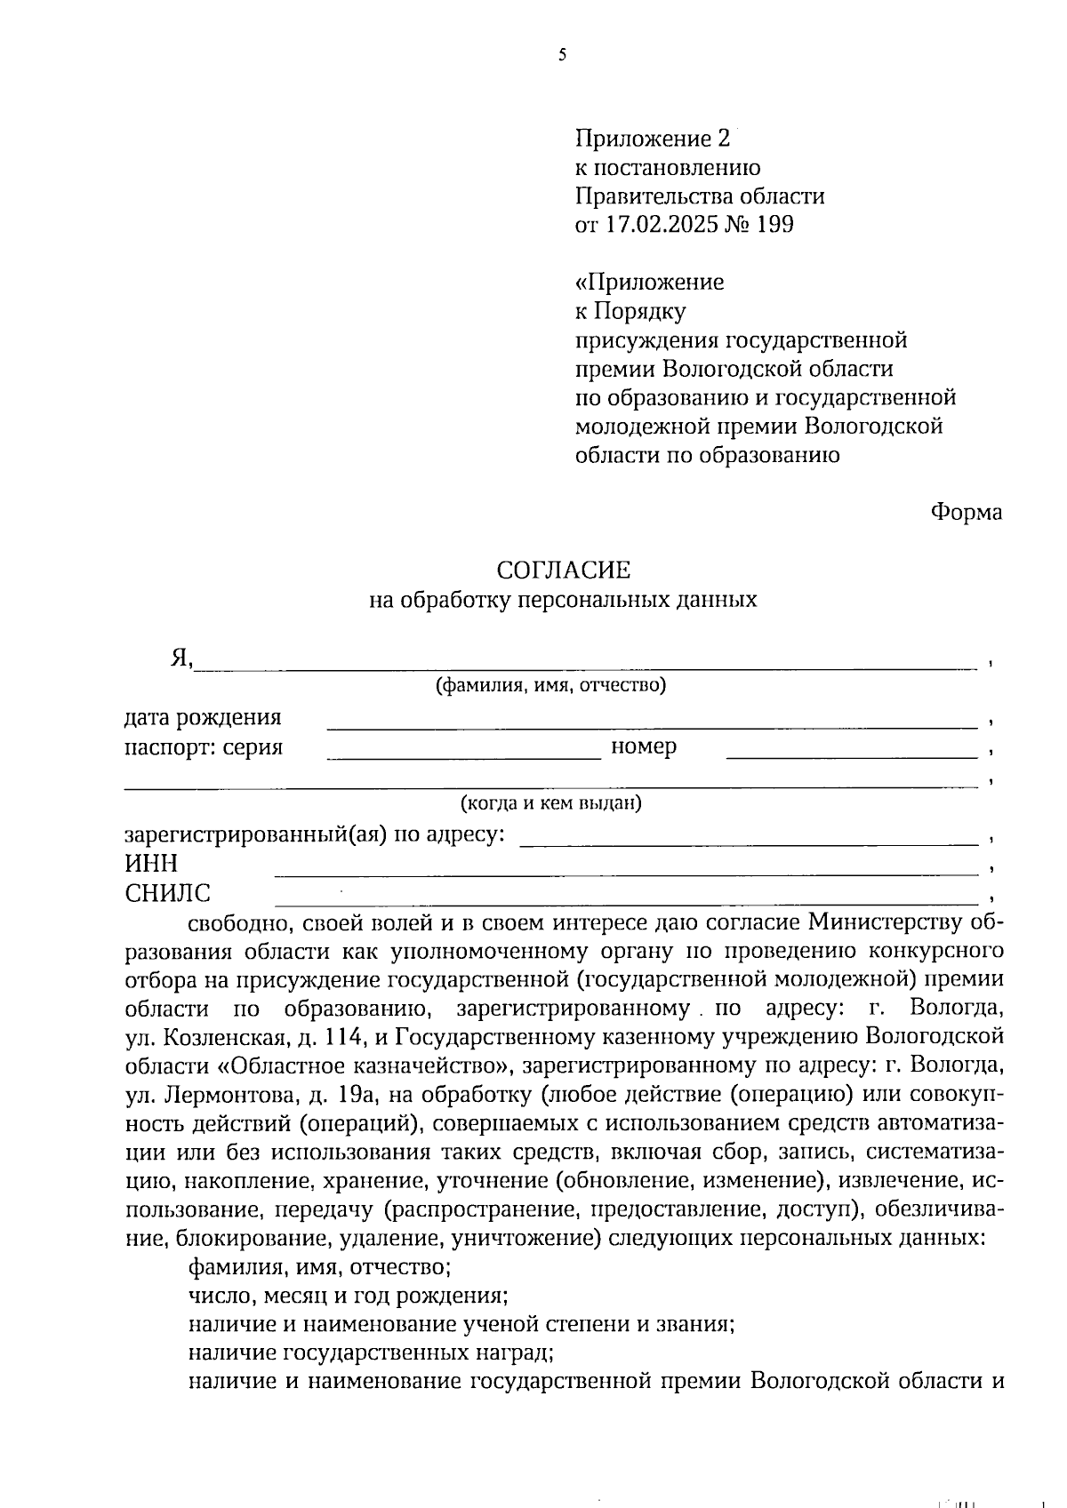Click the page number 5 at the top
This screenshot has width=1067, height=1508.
tap(562, 55)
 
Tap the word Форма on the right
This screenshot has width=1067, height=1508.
tap(967, 512)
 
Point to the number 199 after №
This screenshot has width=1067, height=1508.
tap(774, 224)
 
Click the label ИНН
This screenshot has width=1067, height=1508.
tap(151, 863)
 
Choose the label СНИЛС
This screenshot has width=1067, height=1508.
tap(168, 892)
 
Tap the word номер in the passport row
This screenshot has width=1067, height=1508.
tap(644, 746)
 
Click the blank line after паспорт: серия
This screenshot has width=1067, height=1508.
tap(464, 756)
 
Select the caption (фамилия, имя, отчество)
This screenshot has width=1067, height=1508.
tap(550, 685)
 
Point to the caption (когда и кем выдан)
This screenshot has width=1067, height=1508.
tap(550, 803)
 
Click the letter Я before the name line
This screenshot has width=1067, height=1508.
tap(181, 658)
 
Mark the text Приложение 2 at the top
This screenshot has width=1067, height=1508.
tap(653, 139)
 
